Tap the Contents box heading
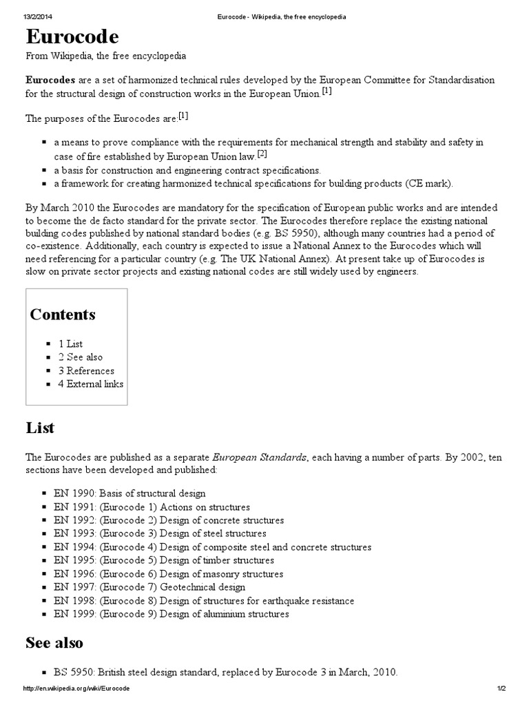tap(63, 315)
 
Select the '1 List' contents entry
tap(70, 344)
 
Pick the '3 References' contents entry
tap(86, 370)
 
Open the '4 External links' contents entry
tap(90, 384)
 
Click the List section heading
tap(40, 428)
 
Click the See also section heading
tap(54, 643)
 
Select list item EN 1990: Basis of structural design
tap(129, 494)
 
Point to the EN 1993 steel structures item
tap(159, 534)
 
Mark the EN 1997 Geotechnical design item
tap(149, 587)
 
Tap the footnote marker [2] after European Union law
tap(262, 154)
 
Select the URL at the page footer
tap(76, 689)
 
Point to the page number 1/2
tap(501, 689)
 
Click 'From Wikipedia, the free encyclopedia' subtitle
tap(105, 56)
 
